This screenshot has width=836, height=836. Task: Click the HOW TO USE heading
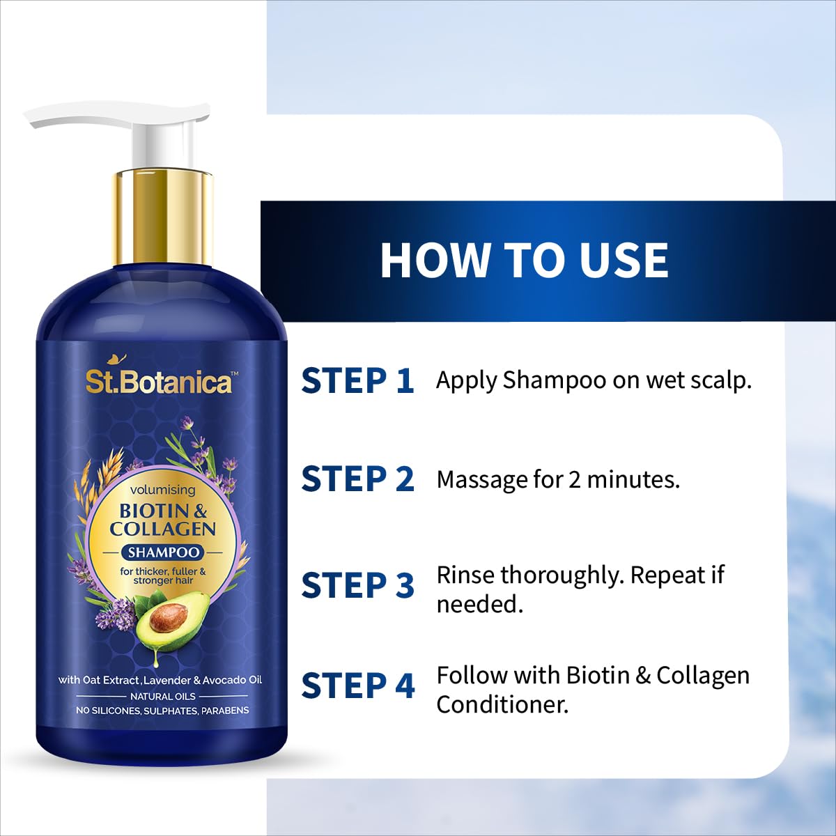[524, 260]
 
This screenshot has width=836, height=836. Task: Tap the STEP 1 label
[358, 380]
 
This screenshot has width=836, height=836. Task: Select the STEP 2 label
[358, 479]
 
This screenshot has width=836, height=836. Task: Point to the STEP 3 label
[358, 585]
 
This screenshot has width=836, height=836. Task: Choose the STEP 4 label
[358, 686]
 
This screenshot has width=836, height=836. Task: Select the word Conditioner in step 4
[502, 705]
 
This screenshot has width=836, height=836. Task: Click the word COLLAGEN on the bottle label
[163, 529]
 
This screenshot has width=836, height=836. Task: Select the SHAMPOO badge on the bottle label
[163, 552]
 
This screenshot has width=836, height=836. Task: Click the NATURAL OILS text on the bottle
[163, 696]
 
